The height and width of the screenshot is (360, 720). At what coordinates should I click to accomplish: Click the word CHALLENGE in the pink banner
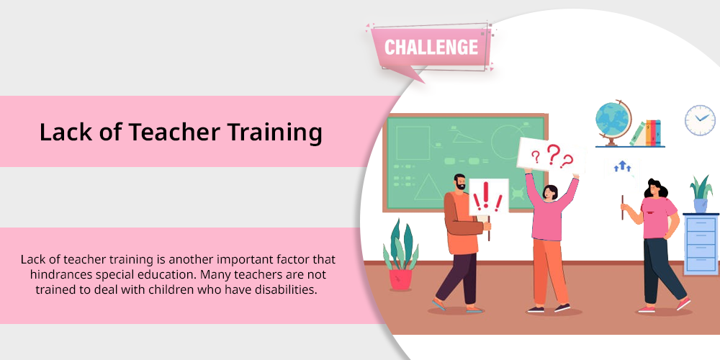[431, 48]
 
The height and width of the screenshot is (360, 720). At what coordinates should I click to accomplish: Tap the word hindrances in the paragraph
[61, 274]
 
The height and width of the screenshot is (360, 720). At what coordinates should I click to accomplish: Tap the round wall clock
[700, 120]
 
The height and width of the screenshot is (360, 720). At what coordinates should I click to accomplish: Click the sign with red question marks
[552, 156]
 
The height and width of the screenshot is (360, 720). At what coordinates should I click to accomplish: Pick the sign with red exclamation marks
[488, 197]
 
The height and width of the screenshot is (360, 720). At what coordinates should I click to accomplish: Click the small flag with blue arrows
[623, 169]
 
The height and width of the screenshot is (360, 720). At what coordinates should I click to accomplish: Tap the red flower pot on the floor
[400, 279]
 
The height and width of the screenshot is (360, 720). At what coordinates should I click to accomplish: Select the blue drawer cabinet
[701, 244]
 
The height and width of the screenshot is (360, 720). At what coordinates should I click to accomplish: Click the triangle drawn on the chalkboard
[429, 187]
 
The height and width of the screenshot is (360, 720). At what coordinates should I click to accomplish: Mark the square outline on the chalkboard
[413, 143]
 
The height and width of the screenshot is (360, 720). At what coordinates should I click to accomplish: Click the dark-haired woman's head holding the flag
[654, 189]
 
